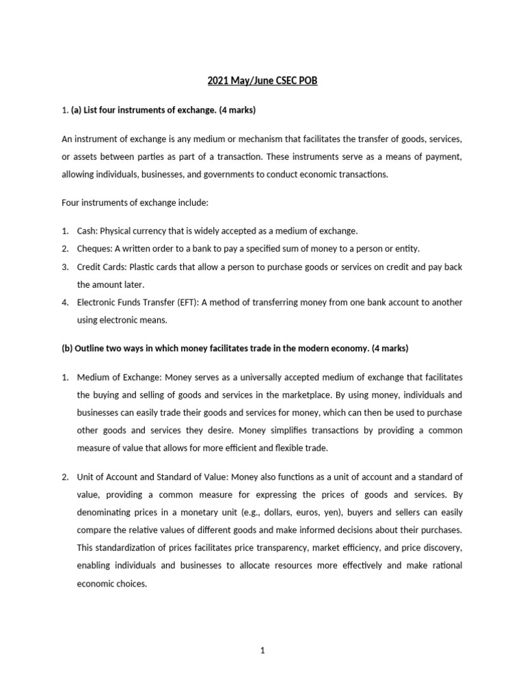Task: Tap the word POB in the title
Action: tap(308, 81)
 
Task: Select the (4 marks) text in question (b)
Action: tap(389, 348)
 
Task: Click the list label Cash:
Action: tap(87, 231)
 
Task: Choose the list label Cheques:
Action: tap(94, 248)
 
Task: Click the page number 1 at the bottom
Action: tap(262, 651)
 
